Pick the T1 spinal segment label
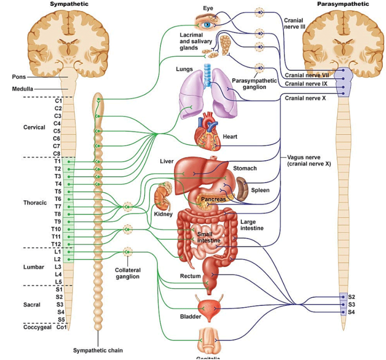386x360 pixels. pyautogui.click(x=57, y=161)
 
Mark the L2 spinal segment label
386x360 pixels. pyautogui.click(x=57, y=259)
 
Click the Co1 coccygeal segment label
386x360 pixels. pyautogui.click(x=61, y=327)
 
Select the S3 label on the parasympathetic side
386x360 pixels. pyautogui.click(x=351, y=304)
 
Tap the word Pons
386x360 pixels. pyautogui.click(x=19, y=77)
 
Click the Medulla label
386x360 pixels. pyautogui.click(x=22, y=89)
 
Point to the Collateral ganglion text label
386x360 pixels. pyautogui.click(x=128, y=273)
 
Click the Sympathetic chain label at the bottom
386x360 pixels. pyautogui.click(x=97, y=350)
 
